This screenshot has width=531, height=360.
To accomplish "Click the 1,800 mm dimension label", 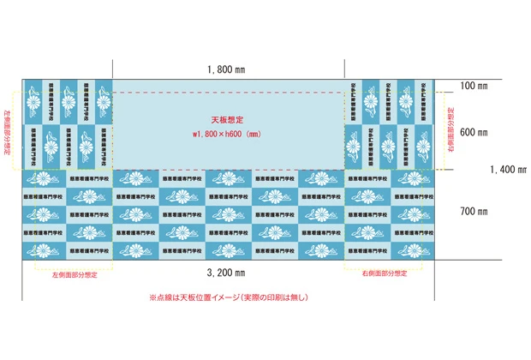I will [x=227, y=69].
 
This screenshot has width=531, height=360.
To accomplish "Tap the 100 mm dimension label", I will [x=473, y=87].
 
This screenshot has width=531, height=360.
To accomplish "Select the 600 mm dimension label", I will [x=473, y=133].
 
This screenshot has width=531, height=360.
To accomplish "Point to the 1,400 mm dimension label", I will [x=507, y=170].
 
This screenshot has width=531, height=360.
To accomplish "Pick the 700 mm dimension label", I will [x=473, y=211].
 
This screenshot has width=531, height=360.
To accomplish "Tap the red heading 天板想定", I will [x=227, y=120].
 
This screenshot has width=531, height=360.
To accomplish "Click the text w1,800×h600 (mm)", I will [x=228, y=134].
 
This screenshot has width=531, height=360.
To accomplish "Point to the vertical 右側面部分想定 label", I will [x=451, y=130].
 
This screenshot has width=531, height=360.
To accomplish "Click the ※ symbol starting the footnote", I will [x=153, y=297].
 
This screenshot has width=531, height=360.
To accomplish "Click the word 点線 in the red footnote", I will [x=168, y=297].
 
